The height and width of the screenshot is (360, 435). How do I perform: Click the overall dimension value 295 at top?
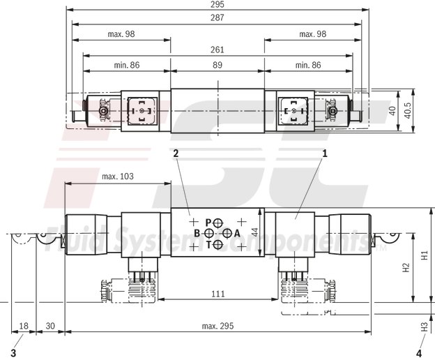(217, 4)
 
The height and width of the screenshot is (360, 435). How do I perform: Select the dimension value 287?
(217, 19)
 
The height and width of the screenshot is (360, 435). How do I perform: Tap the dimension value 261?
(217, 50)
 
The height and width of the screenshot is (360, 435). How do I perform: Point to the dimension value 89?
(217, 64)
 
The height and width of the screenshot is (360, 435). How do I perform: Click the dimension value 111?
(217, 294)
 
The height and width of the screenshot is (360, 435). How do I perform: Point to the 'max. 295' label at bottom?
(217, 327)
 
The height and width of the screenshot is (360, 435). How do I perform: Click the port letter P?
(208, 222)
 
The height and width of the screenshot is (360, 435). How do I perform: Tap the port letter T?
(208, 245)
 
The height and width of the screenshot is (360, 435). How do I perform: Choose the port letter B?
(197, 233)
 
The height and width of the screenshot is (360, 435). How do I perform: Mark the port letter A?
(237, 233)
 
